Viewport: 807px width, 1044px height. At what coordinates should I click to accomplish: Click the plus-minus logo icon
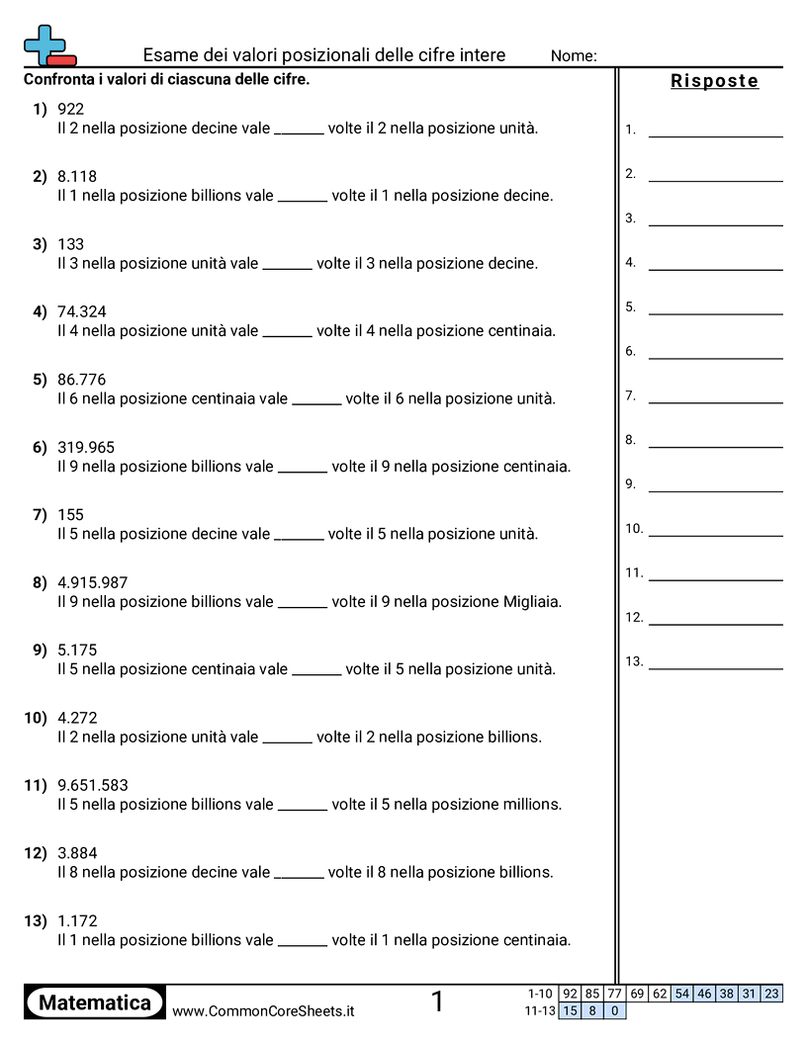48,45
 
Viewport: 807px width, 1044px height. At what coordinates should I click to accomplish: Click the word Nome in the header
573,56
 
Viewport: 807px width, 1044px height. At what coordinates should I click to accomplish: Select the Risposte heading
714,81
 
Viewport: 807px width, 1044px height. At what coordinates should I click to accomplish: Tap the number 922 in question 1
71,109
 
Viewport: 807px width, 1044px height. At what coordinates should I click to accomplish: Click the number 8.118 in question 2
77,177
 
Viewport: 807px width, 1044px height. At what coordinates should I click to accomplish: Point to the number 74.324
82,312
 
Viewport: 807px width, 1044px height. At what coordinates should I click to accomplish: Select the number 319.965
86,448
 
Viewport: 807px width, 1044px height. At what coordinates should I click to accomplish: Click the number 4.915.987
93,583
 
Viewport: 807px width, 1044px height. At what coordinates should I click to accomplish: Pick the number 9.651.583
93,786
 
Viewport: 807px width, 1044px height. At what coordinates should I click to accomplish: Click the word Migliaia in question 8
531,601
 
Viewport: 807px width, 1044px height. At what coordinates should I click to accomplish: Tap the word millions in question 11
531,804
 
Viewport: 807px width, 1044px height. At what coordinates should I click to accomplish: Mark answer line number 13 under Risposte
715,668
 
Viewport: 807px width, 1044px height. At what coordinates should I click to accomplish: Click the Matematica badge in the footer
95,1002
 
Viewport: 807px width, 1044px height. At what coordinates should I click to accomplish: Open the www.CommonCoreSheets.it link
263,1011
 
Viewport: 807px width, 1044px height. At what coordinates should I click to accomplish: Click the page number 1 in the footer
437,1002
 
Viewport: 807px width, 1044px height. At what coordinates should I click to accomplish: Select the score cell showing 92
570,994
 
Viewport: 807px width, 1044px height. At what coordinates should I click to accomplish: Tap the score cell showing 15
570,1010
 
